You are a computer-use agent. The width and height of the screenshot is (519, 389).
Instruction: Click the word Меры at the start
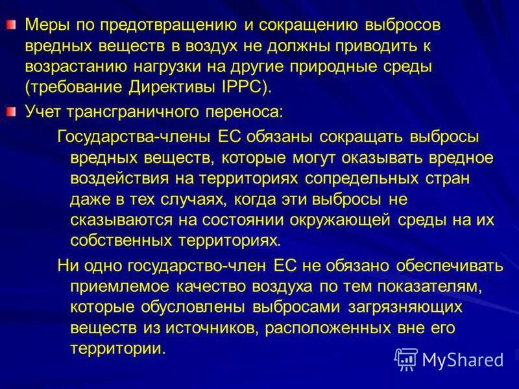point(44,25)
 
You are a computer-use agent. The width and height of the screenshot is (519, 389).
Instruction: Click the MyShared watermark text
point(463,359)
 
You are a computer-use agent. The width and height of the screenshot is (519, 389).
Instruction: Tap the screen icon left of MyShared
point(406,359)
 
